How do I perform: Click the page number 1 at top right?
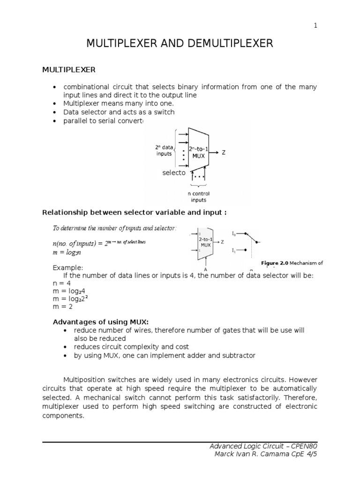(x=315, y=26)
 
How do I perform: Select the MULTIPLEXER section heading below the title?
(x=69, y=70)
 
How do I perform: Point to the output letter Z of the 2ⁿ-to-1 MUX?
(x=224, y=153)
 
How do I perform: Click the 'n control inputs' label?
(x=198, y=197)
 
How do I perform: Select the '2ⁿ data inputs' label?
(x=164, y=150)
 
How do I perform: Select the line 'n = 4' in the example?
(x=61, y=284)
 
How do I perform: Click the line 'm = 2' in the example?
(x=62, y=307)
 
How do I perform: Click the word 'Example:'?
(x=68, y=268)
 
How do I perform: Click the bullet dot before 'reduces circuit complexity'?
(x=65, y=347)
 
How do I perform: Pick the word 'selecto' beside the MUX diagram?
(x=174, y=173)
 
